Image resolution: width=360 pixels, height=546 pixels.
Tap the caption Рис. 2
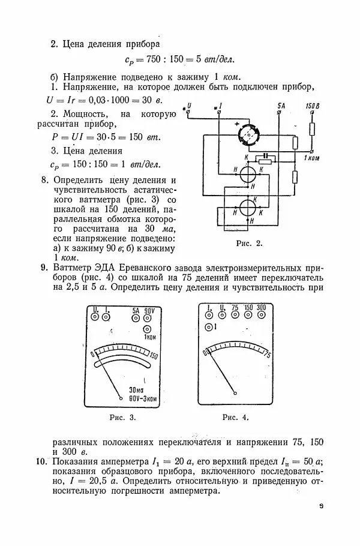(x=250, y=244)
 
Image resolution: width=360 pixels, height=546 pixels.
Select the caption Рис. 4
(x=235, y=416)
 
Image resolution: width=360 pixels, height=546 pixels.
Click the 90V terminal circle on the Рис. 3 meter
(x=150, y=317)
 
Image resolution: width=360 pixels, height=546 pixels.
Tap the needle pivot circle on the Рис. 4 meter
(x=236, y=394)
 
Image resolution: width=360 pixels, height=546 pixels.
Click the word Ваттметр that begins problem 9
(x=74, y=268)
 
